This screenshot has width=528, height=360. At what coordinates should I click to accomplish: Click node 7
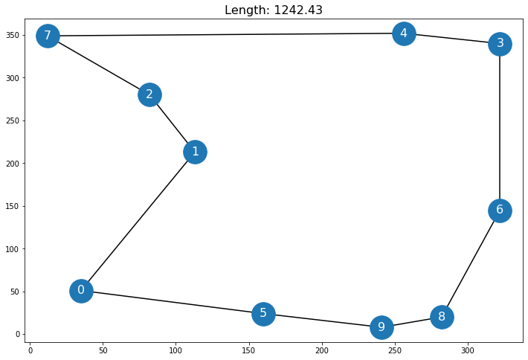[48, 36]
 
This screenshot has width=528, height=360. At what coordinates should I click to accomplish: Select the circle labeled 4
[404, 33]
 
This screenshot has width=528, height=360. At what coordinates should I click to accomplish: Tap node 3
[500, 44]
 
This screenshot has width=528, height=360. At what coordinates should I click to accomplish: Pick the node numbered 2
[149, 94]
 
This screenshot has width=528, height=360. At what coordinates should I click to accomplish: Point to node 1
[195, 152]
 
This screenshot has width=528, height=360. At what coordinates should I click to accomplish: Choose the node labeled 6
[500, 210]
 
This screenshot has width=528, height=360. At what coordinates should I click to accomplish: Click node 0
[81, 291]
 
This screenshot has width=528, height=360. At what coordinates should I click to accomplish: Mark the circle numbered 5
[263, 314]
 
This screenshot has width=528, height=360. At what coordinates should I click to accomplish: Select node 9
[381, 327]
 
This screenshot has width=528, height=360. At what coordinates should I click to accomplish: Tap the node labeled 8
[442, 317]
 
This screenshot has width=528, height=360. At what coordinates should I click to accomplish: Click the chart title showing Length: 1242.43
[264, 10]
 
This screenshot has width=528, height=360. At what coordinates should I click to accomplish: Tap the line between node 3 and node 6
[500, 126]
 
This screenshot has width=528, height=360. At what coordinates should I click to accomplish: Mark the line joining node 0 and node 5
[172, 302]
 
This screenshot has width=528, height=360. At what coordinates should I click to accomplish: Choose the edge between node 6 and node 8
[471, 263]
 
